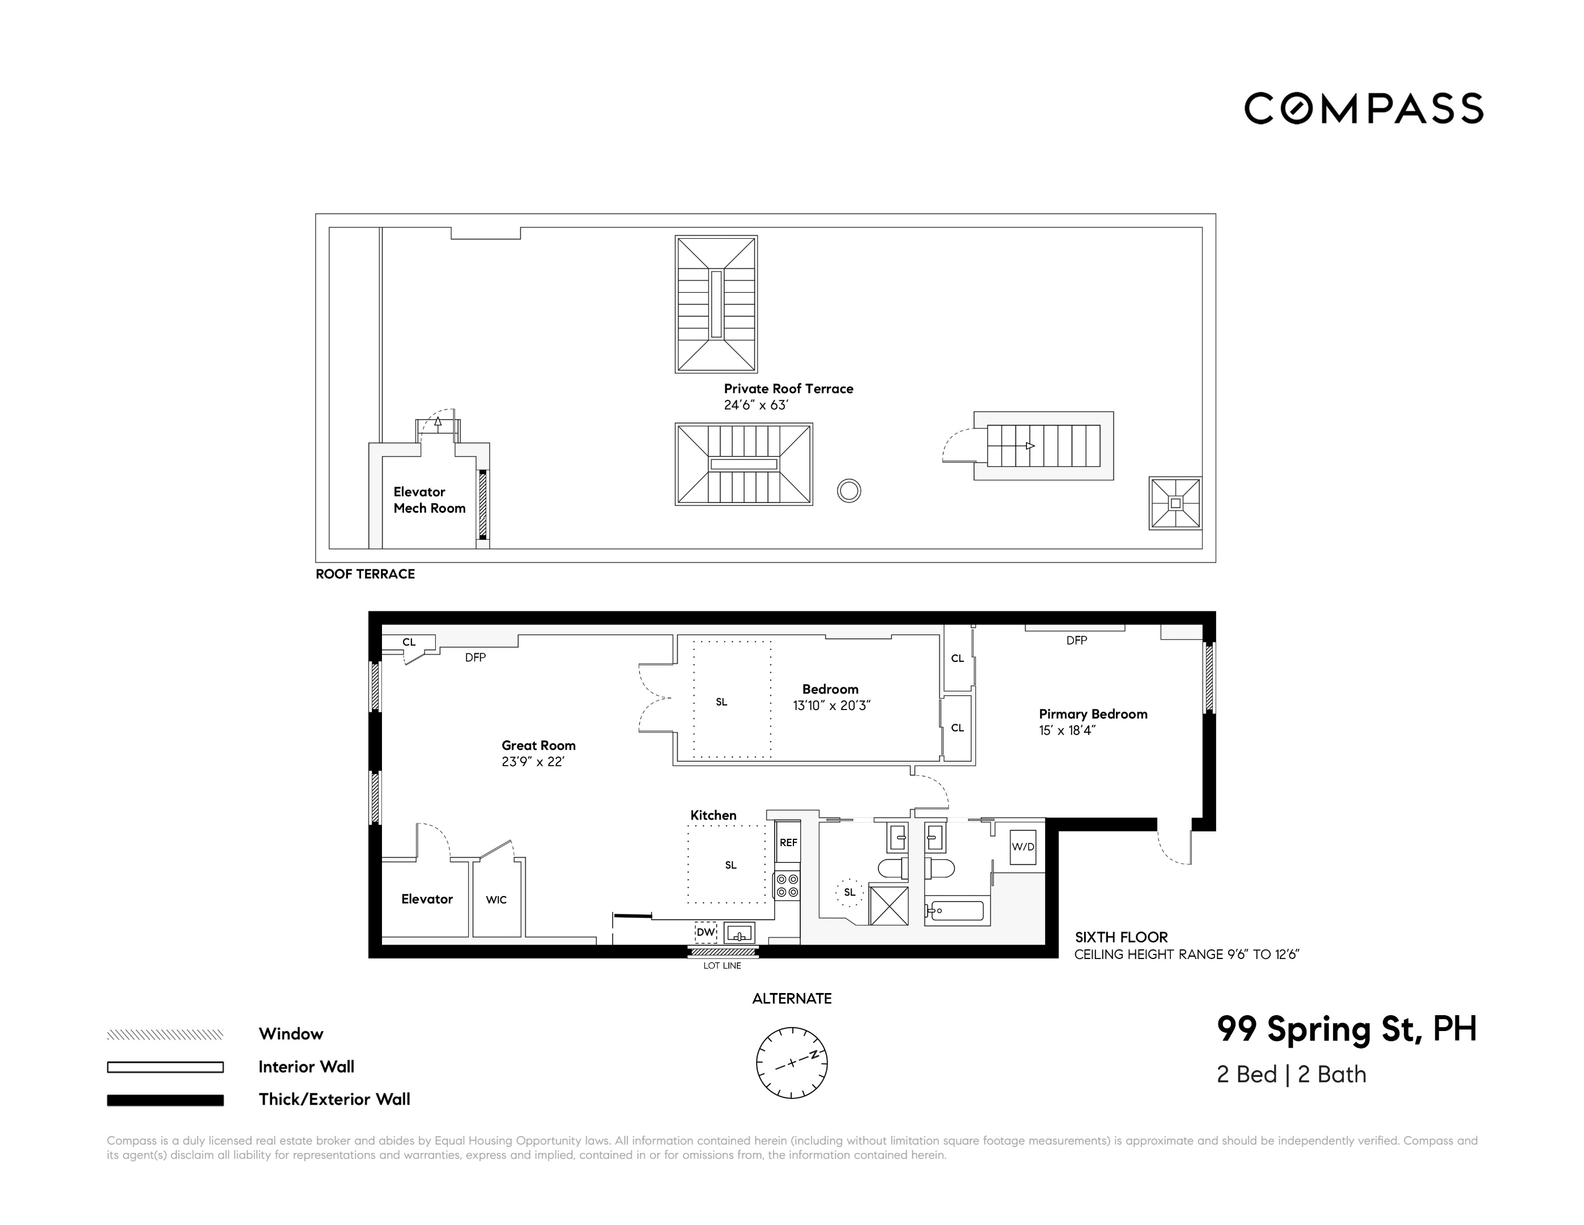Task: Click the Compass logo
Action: click(x=1363, y=109)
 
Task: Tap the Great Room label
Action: click(x=538, y=745)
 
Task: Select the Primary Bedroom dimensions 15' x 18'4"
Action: click(x=1067, y=731)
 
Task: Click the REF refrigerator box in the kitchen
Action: click(x=788, y=843)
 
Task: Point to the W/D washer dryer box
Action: click(x=1022, y=847)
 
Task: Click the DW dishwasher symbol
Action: click(x=706, y=932)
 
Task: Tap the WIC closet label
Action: click(x=496, y=900)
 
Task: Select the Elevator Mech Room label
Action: click(x=430, y=500)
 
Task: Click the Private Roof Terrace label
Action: click(x=788, y=389)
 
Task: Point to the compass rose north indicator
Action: click(x=814, y=1054)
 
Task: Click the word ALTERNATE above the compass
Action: click(x=791, y=999)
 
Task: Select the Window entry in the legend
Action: click(x=291, y=1034)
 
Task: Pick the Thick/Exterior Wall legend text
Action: click(x=334, y=1100)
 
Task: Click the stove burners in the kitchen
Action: click(x=787, y=885)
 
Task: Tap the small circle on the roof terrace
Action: click(x=848, y=491)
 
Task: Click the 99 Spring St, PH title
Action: click(x=1346, y=1029)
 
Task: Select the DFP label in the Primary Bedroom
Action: click(x=1076, y=640)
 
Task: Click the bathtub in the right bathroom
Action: click(x=957, y=911)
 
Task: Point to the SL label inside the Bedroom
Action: click(x=721, y=702)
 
